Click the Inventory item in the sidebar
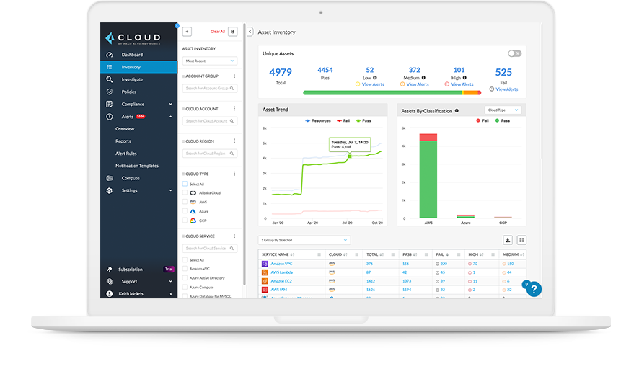coord(131,67)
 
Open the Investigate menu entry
coord(132,79)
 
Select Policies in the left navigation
coord(129,92)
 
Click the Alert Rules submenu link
coord(126,154)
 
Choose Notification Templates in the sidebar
coord(137,166)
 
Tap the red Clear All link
coord(217,32)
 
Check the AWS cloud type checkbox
coord(185,202)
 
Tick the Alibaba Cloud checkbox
coord(185,193)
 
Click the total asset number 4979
coord(281,73)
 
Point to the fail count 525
coord(503,73)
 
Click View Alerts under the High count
coord(462,84)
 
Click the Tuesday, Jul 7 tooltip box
coord(350,145)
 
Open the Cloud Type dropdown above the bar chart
coord(502,110)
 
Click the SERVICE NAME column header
coord(276,254)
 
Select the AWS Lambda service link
coord(283,272)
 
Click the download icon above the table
coord(508,240)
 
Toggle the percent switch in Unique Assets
coord(514,53)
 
